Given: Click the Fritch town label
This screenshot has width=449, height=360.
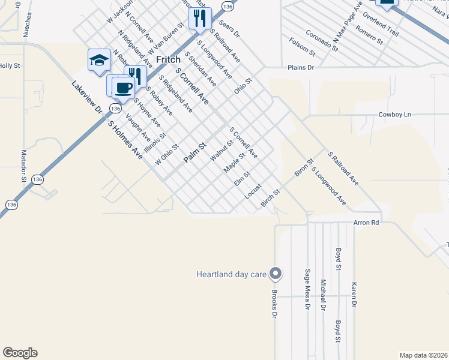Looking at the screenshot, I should tap(168, 60).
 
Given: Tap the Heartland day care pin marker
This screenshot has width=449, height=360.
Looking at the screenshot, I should tap(276, 274).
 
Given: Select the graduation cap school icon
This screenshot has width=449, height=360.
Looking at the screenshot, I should tap(99, 60).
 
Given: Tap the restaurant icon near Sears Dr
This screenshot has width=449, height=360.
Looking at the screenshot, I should tap(200, 18).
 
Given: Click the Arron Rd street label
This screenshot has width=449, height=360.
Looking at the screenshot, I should tap(366, 223).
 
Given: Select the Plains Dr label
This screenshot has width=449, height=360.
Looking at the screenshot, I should tap(301, 68).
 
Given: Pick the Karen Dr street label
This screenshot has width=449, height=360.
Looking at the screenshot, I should tap(354, 295).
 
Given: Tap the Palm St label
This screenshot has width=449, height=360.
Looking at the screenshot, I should tap(194, 152).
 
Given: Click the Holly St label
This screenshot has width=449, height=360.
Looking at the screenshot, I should tap(10, 66).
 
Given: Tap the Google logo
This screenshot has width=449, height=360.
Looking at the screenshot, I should tap(20, 353).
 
